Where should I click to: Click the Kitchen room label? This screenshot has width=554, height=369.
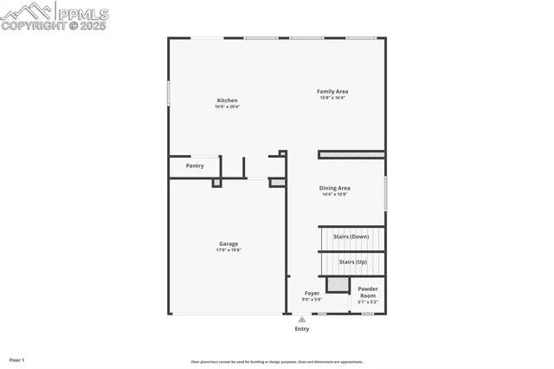[x=227, y=100]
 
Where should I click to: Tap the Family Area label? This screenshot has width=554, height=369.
[x=332, y=91]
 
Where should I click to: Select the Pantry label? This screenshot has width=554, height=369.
[x=195, y=165]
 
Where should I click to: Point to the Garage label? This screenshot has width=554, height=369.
[x=229, y=243]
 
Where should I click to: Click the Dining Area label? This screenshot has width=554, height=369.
[x=334, y=188]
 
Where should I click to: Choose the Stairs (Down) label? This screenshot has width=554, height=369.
[x=351, y=236]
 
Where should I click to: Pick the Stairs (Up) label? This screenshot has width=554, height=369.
[x=352, y=262]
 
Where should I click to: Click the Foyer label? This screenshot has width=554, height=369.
[x=312, y=293]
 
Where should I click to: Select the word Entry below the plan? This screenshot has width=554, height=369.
[x=302, y=329]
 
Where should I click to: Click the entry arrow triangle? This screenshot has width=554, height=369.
[x=302, y=320]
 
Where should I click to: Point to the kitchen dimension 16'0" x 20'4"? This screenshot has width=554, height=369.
[x=227, y=107]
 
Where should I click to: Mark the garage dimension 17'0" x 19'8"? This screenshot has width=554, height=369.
[x=229, y=249]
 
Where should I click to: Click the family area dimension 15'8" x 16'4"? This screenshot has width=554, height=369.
[x=332, y=97]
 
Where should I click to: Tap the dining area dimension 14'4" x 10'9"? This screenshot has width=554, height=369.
[x=334, y=194]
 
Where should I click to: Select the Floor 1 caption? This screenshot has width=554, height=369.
[x=17, y=359]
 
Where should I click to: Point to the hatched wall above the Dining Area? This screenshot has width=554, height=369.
[x=351, y=155]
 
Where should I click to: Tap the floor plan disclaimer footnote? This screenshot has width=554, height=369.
[x=277, y=362]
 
